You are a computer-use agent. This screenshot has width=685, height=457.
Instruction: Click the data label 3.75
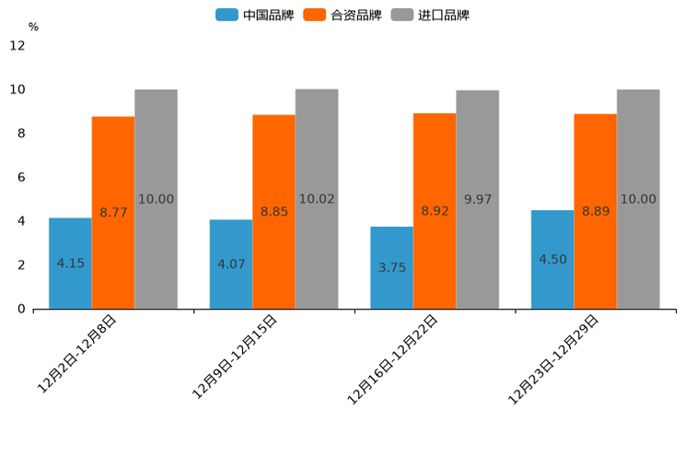(392, 268)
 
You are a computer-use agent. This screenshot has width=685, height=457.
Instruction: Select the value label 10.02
(317, 199)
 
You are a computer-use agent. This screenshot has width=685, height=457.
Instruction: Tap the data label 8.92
(435, 211)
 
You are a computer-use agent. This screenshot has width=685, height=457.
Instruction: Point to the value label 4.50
(552, 260)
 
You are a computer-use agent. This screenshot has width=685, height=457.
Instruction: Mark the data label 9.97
(478, 199)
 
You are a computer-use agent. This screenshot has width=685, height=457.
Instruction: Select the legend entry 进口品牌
(430, 15)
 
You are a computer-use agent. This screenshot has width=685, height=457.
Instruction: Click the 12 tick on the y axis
(17, 45)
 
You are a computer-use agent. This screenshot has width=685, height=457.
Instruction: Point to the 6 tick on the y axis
(21, 177)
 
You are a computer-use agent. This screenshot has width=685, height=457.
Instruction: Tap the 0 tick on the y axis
(21, 309)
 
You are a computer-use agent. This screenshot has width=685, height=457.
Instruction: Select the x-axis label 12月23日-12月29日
(554, 358)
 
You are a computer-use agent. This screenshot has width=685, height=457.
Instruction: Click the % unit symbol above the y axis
(33, 27)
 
